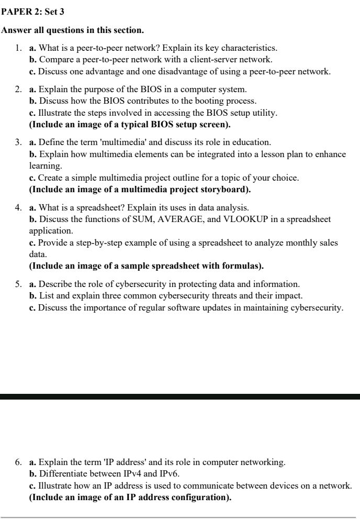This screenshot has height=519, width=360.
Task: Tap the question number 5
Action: click(x=18, y=284)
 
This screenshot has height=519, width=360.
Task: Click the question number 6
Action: click(x=18, y=462)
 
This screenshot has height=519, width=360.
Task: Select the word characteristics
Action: click(x=247, y=48)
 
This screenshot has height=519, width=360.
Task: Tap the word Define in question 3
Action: click(x=51, y=142)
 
